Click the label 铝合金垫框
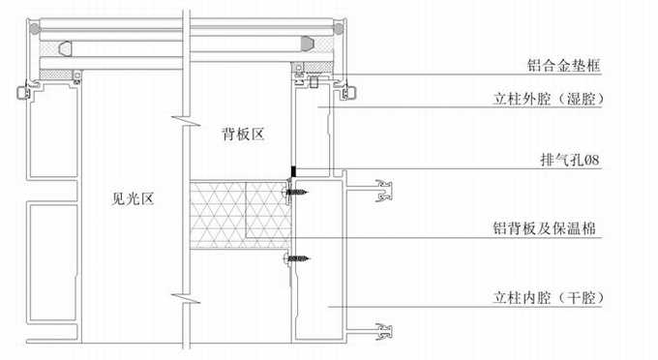563,66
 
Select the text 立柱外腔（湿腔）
549,99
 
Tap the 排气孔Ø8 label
570,160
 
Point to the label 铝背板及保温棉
545,228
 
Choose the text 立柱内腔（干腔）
549,298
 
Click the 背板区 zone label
243,135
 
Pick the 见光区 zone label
133,198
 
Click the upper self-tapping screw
295,193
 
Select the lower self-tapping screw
297,258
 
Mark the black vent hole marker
294,171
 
